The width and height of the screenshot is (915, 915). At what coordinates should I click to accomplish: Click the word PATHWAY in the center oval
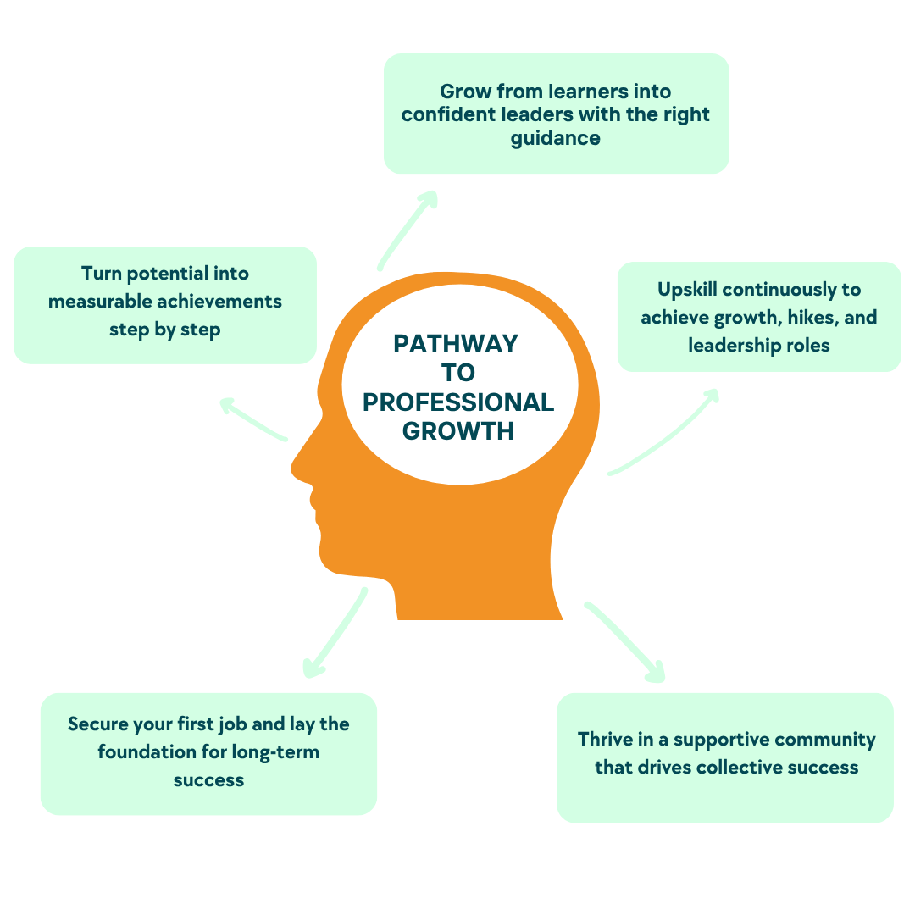pos(456,344)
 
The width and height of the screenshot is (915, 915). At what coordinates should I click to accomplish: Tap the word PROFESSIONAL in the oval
pos(458,402)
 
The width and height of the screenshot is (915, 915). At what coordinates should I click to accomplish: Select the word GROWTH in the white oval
pos(458,430)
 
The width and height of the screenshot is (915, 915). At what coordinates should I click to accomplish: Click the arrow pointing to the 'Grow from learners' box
pos(408,229)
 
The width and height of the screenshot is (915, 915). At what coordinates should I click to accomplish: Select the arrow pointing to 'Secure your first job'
pos(335,632)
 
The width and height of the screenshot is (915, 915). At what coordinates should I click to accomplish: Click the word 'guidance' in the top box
pos(555,138)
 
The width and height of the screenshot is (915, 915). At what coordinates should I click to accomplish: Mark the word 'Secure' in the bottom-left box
pos(97,724)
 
